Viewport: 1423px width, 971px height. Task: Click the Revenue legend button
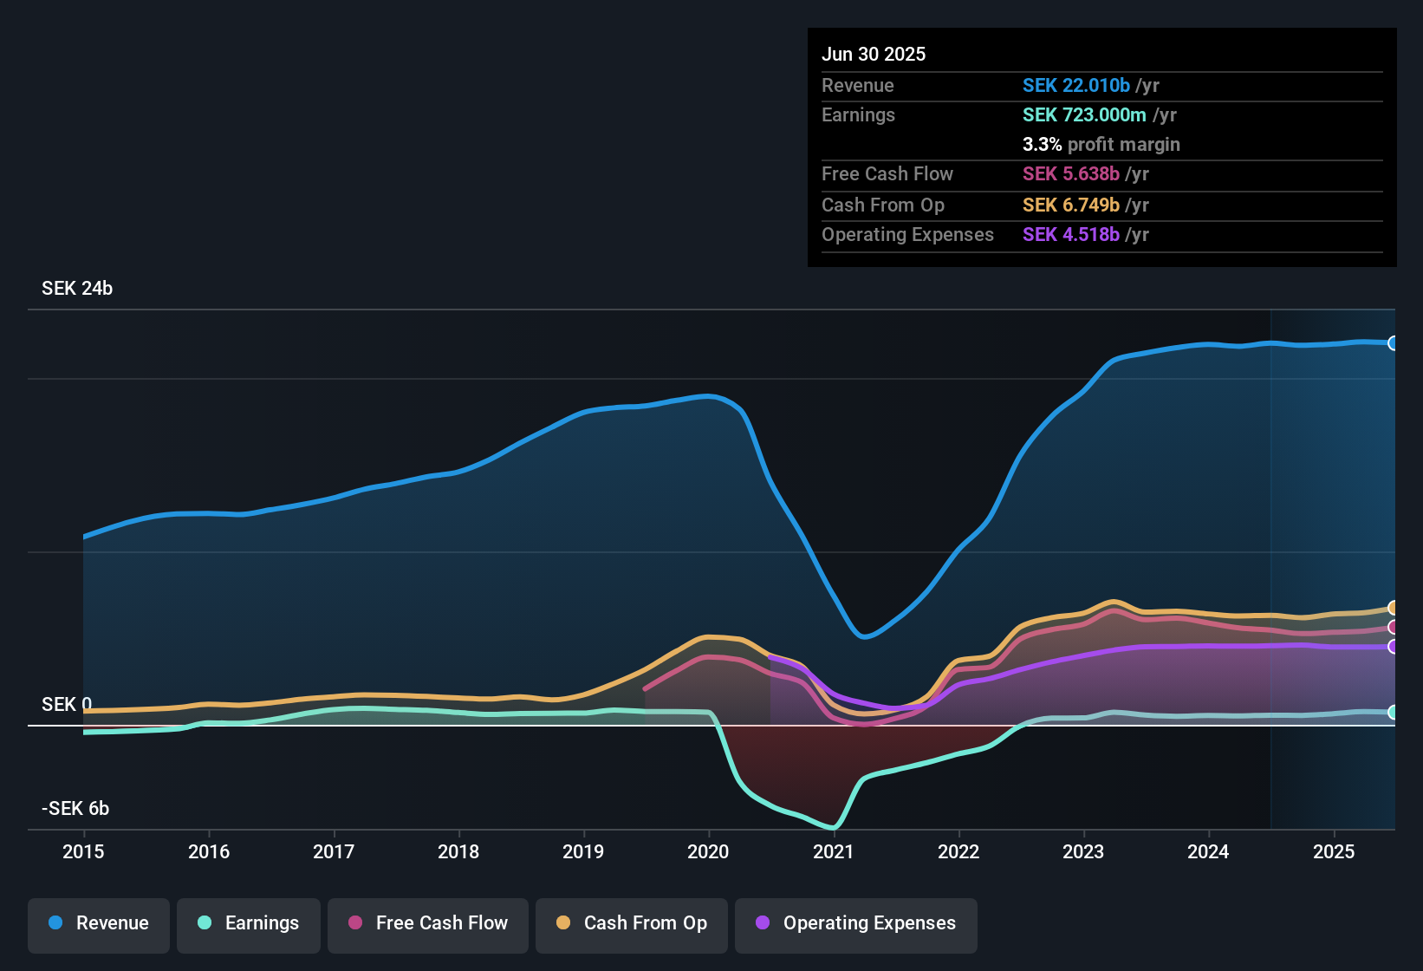coord(99,923)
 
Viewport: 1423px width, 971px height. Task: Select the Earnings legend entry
coord(249,923)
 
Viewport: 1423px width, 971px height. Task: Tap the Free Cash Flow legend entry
coord(428,923)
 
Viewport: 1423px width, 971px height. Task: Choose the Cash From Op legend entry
coord(632,923)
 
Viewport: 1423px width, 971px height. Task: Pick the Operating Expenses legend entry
coord(856,923)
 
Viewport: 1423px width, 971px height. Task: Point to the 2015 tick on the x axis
coord(83,851)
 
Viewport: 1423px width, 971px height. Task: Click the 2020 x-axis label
coord(708,851)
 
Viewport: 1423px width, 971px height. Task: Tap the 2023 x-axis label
coord(1083,851)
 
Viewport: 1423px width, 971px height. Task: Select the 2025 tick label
coord(1333,851)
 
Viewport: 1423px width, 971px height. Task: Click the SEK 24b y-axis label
coord(77,289)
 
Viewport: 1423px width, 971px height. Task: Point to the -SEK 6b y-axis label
coord(75,809)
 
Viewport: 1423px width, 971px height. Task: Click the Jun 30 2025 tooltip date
coord(874,55)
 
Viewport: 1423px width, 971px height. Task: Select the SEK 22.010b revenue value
coord(1076,86)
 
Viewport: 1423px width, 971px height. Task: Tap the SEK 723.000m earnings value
coord(1084,115)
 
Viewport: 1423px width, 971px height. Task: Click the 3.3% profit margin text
coord(1101,145)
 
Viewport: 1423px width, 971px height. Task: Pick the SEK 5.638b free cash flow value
coord(1071,174)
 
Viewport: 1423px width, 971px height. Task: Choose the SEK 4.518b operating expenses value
coord(1071,235)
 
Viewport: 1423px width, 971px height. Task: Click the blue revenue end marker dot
coord(1393,343)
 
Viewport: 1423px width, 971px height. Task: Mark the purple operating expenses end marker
coord(1393,647)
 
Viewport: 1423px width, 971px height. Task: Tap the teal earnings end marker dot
coord(1393,713)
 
